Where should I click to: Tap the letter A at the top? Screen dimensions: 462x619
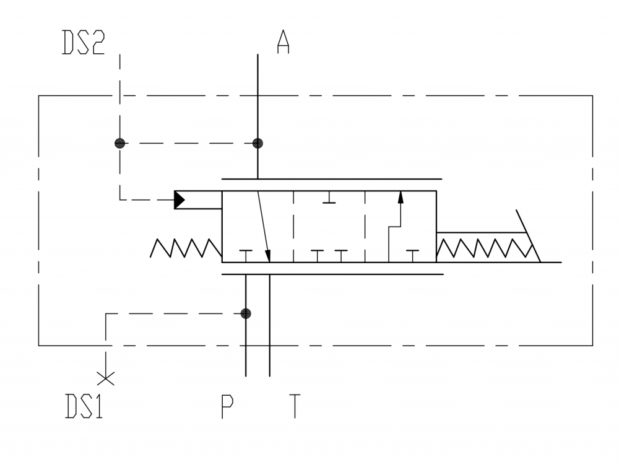pos(283,43)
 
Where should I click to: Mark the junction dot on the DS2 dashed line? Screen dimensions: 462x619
pos(120,143)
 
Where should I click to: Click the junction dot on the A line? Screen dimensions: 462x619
pos(258,143)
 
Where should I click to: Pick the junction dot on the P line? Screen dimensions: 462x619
pos(246,313)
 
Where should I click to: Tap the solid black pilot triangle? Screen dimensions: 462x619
pos(180,199)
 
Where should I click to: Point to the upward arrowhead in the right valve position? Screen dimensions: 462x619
pos(400,198)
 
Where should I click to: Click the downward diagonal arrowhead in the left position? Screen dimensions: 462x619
pos(269,255)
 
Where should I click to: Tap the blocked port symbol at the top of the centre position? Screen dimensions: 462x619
pos(329,199)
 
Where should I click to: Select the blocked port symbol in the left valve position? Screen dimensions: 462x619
pos(246,254)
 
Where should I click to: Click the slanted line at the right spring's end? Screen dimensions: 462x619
pos(527,236)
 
